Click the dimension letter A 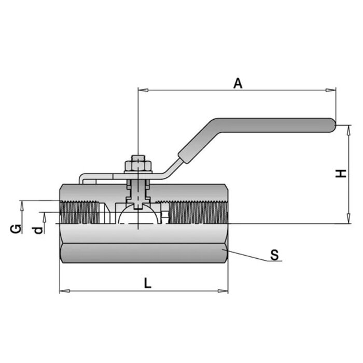238,83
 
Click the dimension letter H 341,173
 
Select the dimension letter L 147,283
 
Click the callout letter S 274,255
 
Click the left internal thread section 80,213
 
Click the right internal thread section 197,213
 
